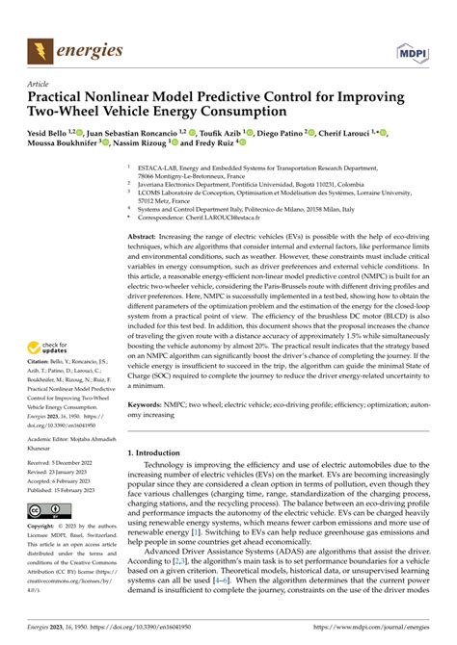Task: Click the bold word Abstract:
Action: (144, 235)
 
